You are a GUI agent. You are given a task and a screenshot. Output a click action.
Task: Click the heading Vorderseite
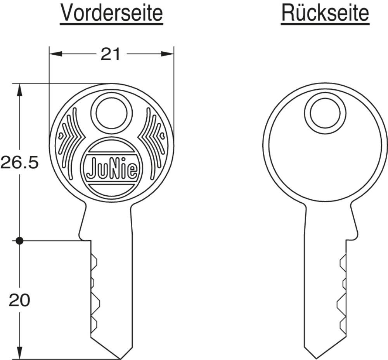pos(112,13)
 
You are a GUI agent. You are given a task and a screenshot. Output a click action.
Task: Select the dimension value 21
pos(110,54)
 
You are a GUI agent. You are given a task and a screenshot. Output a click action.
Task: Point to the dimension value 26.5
pos(19,163)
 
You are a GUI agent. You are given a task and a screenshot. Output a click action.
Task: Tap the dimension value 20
pos(19,300)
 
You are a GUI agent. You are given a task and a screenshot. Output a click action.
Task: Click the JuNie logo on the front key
pos(112,168)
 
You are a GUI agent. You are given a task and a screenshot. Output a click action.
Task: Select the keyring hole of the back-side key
pos(325,113)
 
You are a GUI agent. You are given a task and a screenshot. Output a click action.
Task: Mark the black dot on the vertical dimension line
pos(19,240)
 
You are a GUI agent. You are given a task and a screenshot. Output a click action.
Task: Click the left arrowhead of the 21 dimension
pos(55,54)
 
